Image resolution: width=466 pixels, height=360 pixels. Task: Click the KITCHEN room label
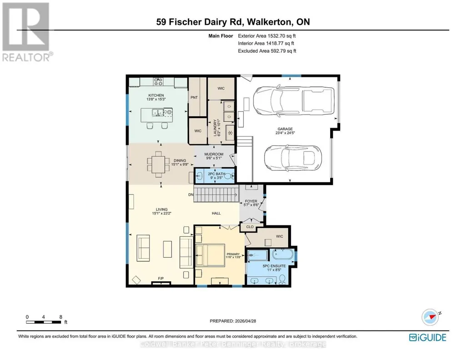click(x=156, y=95)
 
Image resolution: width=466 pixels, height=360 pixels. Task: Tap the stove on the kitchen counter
click(x=158, y=81)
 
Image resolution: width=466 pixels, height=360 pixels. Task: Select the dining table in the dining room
click(x=159, y=164)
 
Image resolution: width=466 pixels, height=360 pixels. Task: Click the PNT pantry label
click(x=194, y=97)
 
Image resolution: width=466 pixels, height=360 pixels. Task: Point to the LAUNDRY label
click(x=215, y=128)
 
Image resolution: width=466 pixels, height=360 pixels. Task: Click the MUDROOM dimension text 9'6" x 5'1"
click(x=214, y=158)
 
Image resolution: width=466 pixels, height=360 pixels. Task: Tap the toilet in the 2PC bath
click(x=228, y=176)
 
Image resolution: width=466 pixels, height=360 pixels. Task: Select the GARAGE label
click(x=285, y=129)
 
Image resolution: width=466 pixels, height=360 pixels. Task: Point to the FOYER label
click(x=251, y=201)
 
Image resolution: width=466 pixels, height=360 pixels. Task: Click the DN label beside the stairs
click(x=191, y=195)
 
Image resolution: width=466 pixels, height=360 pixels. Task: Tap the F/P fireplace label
click(x=161, y=278)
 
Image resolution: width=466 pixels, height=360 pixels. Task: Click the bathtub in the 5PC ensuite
click(x=283, y=255)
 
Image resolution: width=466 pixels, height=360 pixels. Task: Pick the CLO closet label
click(x=250, y=227)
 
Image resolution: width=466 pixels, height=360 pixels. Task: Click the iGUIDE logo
click(x=428, y=337)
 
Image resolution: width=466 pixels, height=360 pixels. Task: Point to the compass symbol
click(x=431, y=317)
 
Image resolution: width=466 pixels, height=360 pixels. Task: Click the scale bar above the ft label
click(x=44, y=322)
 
